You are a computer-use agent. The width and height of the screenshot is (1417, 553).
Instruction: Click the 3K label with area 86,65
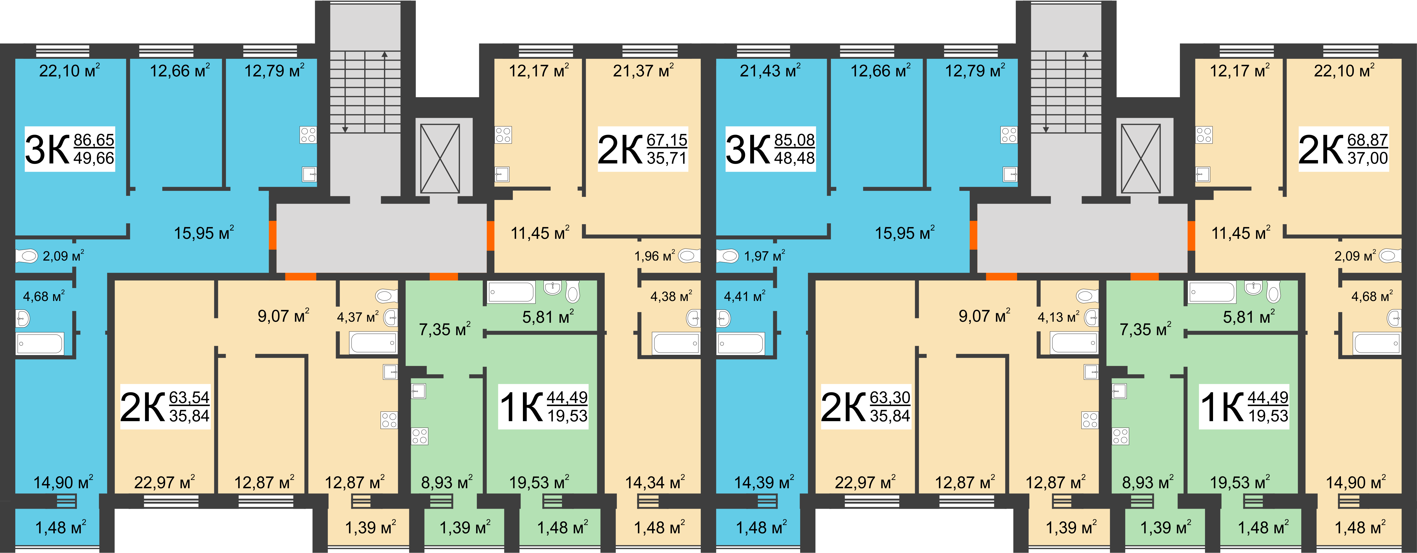(70, 149)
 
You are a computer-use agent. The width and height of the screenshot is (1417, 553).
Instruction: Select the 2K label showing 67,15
(642, 149)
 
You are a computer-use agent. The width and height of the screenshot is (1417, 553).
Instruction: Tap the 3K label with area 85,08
(770, 149)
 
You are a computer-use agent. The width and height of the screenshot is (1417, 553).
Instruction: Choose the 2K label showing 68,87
(1343, 149)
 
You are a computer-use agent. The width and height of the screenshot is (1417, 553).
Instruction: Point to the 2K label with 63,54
(165, 406)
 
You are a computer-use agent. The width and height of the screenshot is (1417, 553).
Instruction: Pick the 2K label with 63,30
(865, 406)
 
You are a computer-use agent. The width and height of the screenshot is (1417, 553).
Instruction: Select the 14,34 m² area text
(655, 483)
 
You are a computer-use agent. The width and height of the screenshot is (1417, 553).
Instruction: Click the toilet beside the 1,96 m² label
(689, 256)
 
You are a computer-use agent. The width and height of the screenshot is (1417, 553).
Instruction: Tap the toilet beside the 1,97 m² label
(727, 256)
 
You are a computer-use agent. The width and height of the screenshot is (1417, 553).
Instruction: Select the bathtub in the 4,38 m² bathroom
(676, 343)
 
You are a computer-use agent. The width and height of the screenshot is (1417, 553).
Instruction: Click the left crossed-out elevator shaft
(440, 159)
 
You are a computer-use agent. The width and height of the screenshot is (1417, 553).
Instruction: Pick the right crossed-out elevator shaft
(1141, 159)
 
